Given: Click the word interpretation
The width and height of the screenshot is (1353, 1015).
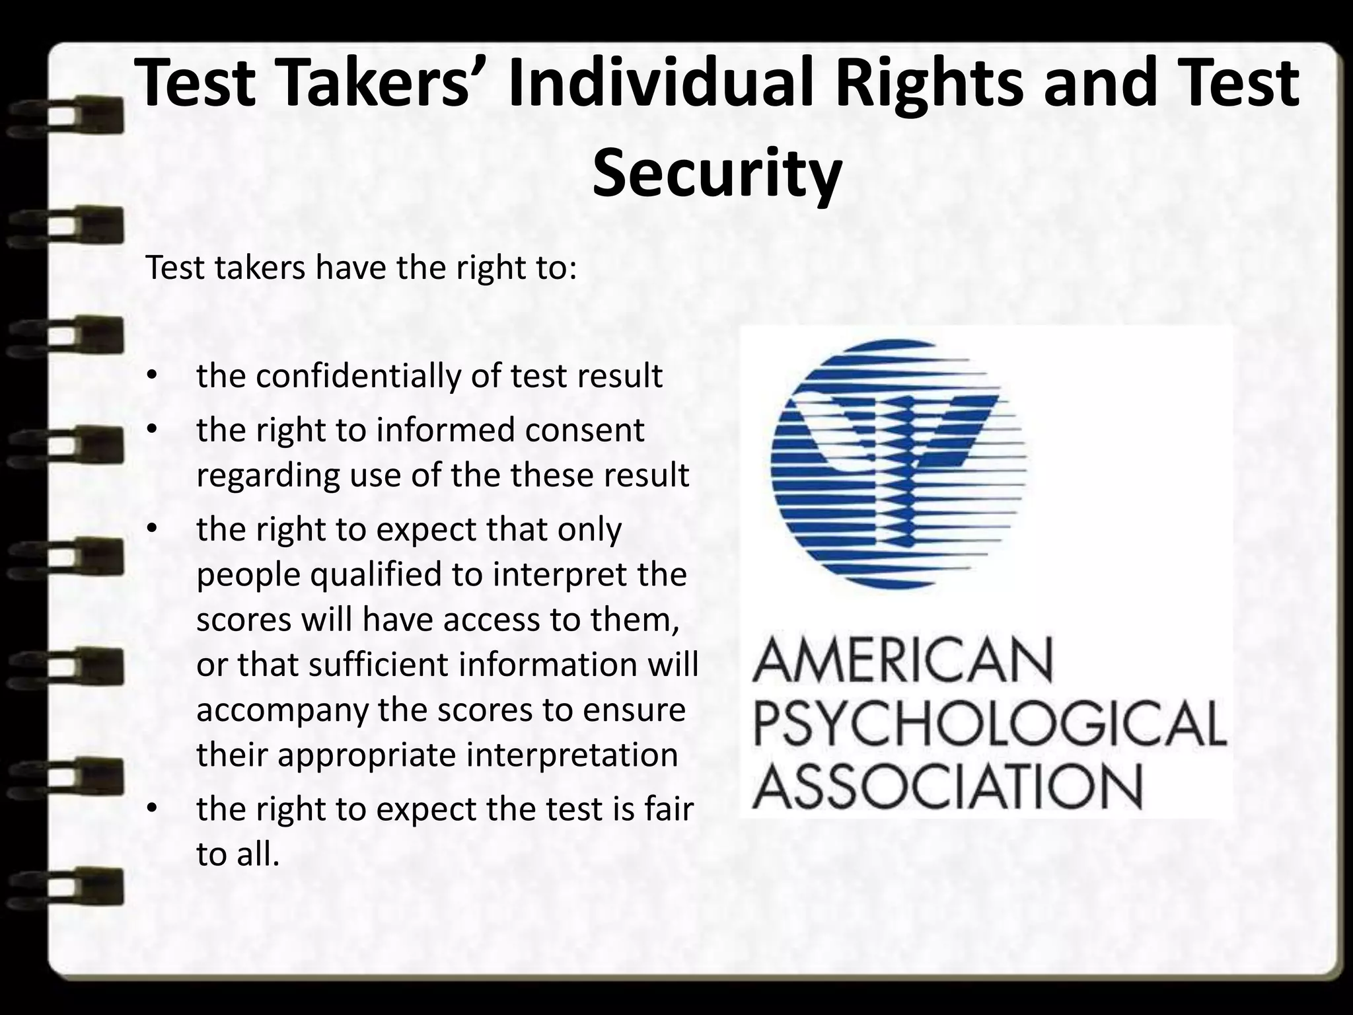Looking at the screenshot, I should (x=572, y=755).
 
